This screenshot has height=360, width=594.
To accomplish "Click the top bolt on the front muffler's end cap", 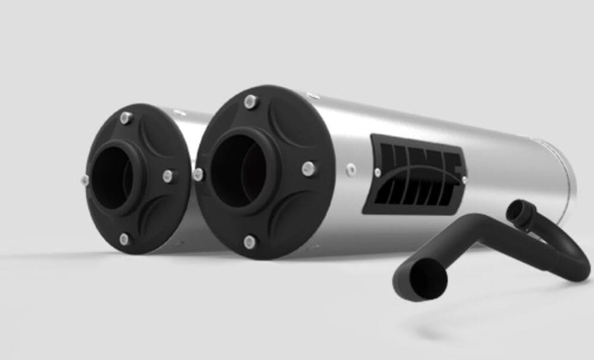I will [251, 102].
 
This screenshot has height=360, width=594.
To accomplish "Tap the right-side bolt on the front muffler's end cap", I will [308, 168].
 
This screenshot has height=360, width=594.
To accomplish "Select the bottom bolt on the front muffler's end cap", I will [249, 241].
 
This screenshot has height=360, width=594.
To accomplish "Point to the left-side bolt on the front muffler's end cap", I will [198, 175].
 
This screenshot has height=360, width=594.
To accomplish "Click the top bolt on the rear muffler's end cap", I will [125, 118].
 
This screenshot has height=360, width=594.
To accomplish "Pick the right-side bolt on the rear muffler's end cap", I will [169, 176].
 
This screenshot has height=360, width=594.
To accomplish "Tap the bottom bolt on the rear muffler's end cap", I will [124, 239].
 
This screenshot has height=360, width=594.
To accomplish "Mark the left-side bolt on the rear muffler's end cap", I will [86, 179].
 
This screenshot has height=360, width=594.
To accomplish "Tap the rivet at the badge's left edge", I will [377, 172].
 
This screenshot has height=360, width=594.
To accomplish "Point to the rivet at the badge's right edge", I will [464, 178].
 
